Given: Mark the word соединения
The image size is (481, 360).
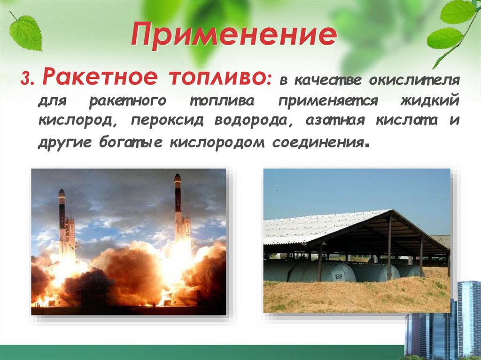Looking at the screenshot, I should click(x=318, y=142).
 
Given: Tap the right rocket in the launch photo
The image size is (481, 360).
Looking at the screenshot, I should click(x=179, y=207).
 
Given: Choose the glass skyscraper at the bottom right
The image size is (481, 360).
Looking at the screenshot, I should click(x=468, y=319).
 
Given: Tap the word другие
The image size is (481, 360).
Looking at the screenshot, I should click(x=66, y=142).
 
